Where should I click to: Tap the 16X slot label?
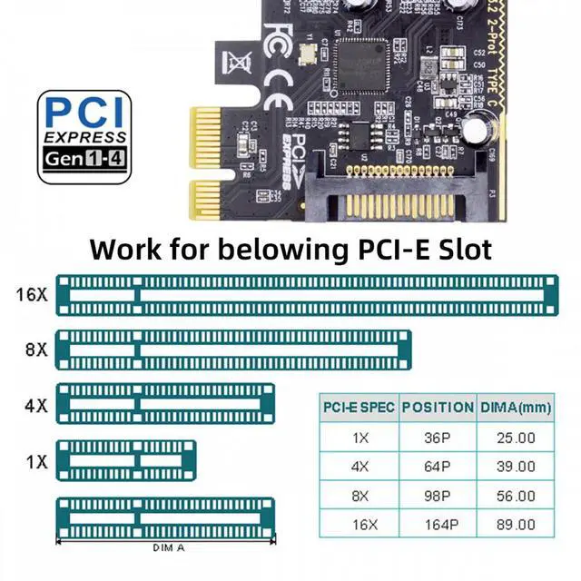coord(31,295)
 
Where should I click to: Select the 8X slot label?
coord(35,349)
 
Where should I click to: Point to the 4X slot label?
coord(35,405)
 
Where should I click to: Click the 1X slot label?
coord(35,461)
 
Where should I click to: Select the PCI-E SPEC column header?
coord(359,408)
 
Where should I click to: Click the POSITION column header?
coord(437,408)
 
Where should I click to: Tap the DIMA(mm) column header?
coord(515,408)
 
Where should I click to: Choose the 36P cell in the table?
coord(437,438)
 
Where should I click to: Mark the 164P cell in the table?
coord(437,525)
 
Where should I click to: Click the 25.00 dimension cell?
coord(516,438)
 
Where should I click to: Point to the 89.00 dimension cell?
coord(516,525)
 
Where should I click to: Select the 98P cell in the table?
coord(437,496)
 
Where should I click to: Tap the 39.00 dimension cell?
coord(516,467)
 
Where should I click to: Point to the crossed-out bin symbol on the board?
coord(239,64)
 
